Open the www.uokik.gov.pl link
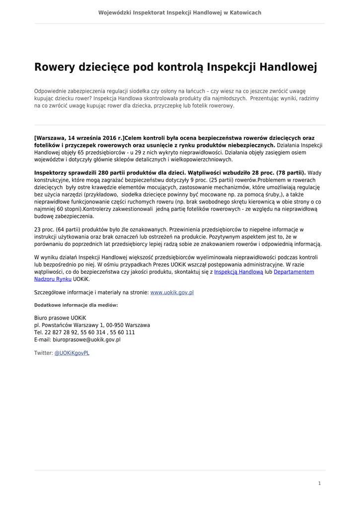[172, 293]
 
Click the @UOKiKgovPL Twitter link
[72, 353]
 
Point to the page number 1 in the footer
[319, 483]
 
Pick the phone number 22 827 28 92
[62, 332]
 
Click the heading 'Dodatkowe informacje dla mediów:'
[76, 305]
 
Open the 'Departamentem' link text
[294, 272]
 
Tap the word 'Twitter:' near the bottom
[43, 353]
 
